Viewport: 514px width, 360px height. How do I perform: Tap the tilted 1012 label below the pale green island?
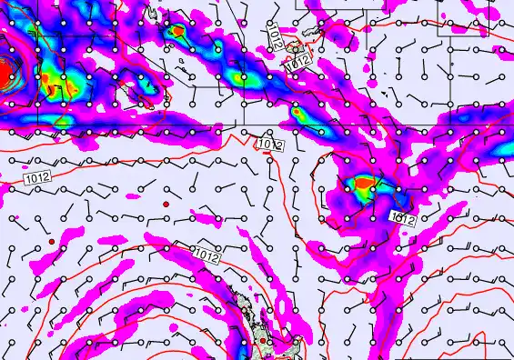pos(297,64)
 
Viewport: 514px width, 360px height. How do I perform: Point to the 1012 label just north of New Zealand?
pos(207,255)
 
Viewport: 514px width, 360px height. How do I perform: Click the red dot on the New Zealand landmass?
pos(262,341)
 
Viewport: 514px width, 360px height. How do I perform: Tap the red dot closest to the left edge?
pos(53,240)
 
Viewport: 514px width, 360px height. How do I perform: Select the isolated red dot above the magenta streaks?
pos(166,205)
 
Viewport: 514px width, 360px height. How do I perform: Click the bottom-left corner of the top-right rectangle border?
pos(438,35)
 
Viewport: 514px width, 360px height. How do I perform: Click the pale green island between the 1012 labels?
pos(293,45)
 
